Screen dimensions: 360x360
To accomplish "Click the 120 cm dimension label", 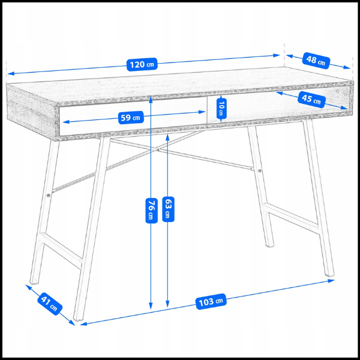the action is click(x=142, y=64).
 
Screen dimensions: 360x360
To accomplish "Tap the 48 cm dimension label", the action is click(x=316, y=61).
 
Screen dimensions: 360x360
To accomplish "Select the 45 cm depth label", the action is click(x=311, y=100).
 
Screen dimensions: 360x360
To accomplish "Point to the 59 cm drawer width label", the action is click(x=131, y=118).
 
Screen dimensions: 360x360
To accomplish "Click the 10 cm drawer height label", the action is click(x=221, y=109).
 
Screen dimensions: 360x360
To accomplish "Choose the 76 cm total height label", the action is click(x=151, y=211).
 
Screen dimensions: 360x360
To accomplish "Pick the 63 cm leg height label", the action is click(x=168, y=209).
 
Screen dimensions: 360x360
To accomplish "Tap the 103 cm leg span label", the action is click(x=211, y=301).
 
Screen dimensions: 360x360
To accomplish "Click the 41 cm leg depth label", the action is click(x=49, y=304).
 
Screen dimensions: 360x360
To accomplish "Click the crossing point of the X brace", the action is click(x=157, y=150).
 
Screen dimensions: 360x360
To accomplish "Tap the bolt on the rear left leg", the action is click(x=49, y=196).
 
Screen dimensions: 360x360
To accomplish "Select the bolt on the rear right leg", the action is click(x=259, y=171).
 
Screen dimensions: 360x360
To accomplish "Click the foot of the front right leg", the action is click(x=329, y=274).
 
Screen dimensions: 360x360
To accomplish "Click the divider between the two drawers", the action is click(x=207, y=110).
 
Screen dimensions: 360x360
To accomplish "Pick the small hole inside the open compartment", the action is click(x=337, y=91).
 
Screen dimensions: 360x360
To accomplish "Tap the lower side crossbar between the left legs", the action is click(x=61, y=250).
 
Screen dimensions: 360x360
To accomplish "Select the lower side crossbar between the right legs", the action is click(x=290, y=218).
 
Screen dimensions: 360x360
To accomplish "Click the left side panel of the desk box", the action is click(x=32, y=113).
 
